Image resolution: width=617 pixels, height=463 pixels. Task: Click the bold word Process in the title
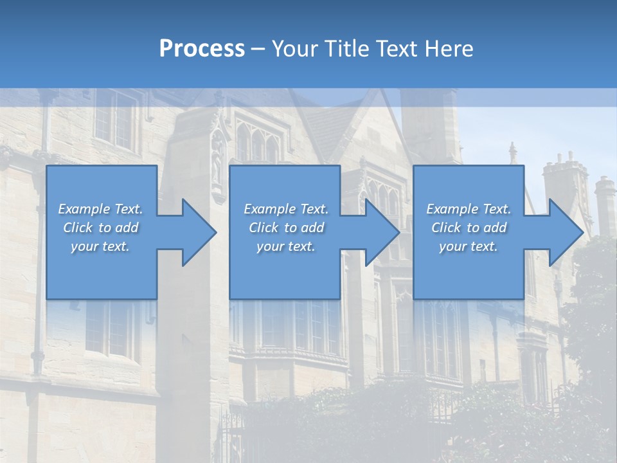[202, 49]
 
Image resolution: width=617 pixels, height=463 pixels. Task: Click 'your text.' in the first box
[100, 246]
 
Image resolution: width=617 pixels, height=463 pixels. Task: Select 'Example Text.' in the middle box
[285, 209]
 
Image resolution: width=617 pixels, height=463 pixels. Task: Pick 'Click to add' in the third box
[469, 228]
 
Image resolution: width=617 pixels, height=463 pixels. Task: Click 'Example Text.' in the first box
[100, 209]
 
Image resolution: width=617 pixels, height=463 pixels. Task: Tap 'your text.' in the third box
[469, 246]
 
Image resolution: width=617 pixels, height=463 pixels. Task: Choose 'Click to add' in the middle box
[285, 228]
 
